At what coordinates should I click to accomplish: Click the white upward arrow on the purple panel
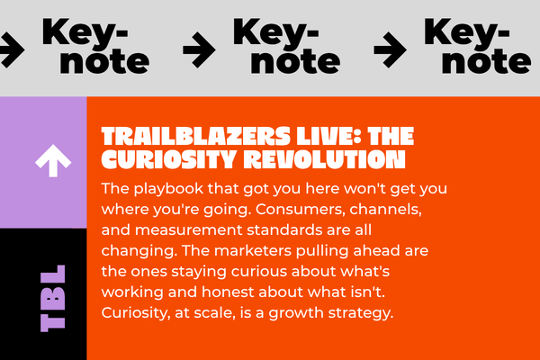tap(53, 160)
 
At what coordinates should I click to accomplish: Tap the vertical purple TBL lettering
tap(53, 298)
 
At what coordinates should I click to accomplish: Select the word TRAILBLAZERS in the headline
tap(196, 136)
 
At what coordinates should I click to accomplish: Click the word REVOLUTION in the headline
tap(327, 159)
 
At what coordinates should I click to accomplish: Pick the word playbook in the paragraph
tap(169, 189)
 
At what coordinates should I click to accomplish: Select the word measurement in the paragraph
tap(191, 230)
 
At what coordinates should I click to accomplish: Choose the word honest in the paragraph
tap(228, 292)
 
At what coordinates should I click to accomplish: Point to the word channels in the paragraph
tap(385, 209)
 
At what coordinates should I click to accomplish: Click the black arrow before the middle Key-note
tap(199, 49)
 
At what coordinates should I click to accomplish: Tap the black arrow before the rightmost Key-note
tap(391, 49)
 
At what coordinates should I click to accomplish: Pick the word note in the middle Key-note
tap(295, 61)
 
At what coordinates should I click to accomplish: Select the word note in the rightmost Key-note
tap(486, 61)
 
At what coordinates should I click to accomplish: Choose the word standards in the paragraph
tap(284, 230)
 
